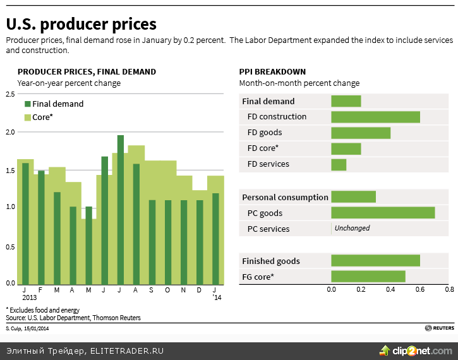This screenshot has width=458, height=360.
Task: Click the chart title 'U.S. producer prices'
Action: (81, 25)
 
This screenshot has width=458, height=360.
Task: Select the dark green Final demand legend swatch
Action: (27, 104)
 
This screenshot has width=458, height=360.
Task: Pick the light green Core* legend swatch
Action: (27, 117)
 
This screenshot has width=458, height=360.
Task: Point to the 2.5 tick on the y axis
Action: (10, 94)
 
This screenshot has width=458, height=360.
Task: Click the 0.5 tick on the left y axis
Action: (10, 246)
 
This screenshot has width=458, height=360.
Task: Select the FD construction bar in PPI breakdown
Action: (375, 117)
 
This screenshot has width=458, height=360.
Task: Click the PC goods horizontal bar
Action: (383, 213)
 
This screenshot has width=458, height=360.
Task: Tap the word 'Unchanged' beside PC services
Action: (352, 229)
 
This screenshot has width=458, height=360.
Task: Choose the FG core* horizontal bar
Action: (368, 277)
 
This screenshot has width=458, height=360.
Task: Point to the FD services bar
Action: (339, 164)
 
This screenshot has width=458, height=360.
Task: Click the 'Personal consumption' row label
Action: (285, 197)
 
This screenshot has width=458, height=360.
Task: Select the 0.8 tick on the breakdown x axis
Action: (449, 290)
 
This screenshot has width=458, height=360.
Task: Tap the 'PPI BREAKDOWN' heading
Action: (272, 72)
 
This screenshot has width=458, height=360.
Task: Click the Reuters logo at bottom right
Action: (439, 328)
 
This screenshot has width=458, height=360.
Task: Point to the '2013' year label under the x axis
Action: (30, 297)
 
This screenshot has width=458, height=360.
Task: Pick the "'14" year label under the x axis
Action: (217, 297)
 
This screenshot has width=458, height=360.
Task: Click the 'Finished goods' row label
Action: (271, 261)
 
